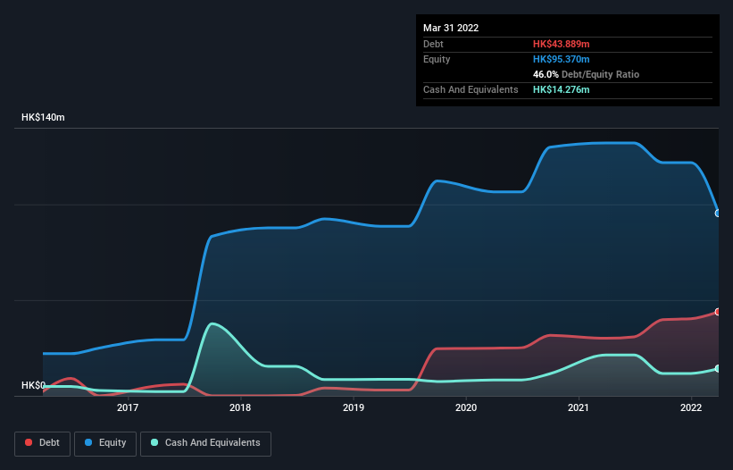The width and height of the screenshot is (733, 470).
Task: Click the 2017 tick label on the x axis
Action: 128,408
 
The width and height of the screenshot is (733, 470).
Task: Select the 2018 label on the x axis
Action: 240,408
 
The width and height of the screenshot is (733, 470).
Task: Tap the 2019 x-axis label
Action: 354,408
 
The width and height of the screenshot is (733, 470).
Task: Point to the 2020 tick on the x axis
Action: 466,408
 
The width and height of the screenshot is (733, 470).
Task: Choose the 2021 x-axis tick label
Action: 579,408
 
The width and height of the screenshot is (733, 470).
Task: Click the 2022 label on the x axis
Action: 691,408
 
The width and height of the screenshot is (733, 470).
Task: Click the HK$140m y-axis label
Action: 43,118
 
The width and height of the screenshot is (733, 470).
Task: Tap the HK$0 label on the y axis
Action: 33,386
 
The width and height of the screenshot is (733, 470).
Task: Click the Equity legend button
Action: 105,443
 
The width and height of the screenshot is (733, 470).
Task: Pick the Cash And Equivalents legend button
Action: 205,443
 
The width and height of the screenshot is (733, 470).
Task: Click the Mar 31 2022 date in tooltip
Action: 451,28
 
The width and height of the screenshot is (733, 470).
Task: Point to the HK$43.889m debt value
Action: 562,44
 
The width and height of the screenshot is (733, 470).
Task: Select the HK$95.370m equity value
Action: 562,59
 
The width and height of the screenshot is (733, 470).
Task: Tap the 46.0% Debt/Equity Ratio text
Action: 586,74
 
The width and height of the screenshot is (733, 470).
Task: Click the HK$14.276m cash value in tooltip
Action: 562,89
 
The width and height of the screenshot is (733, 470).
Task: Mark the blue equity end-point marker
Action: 718,213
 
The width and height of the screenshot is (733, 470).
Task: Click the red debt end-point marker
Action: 718,312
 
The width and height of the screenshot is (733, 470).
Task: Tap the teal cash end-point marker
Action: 718,368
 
